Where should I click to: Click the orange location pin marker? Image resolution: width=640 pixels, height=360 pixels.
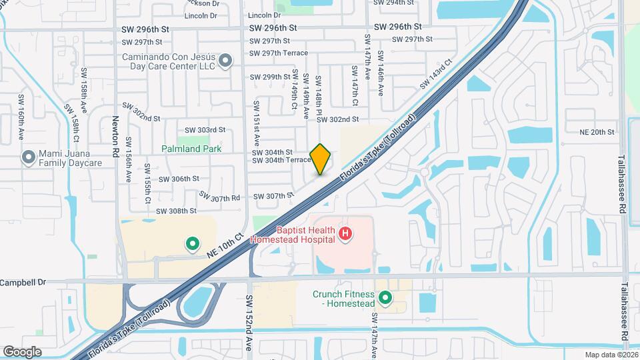(321, 159)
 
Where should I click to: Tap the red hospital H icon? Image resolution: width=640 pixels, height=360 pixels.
(345, 233)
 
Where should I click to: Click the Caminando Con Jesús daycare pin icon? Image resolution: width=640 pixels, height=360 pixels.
(225, 61)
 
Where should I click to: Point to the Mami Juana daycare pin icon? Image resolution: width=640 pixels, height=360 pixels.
(28, 158)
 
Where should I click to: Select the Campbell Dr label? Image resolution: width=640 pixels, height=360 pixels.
(24, 282)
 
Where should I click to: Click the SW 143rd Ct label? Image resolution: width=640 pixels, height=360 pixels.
(436, 74)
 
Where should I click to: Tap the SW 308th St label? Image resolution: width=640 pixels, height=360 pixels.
(176, 211)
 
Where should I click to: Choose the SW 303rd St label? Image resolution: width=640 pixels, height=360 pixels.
(205, 130)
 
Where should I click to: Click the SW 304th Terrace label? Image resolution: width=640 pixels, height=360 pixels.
(281, 160)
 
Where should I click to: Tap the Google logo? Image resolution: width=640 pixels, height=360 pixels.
(22, 351)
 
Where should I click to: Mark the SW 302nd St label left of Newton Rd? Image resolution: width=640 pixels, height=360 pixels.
(141, 118)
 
